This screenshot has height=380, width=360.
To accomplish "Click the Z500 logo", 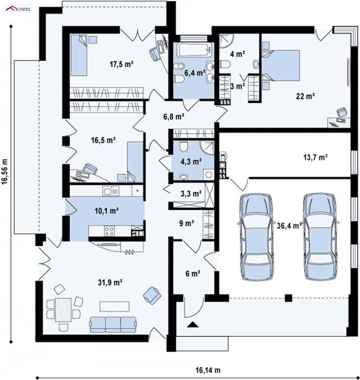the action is tap(18, 9).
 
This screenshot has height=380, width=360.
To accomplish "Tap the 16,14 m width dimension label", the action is tap(208, 370).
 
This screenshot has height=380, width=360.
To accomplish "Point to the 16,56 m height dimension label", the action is tap(5, 172).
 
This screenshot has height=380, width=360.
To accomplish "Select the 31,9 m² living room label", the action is tap(110, 282).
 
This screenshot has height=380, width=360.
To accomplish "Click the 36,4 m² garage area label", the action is tap(289, 226).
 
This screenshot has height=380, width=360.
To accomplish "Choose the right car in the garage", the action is tap(320, 236).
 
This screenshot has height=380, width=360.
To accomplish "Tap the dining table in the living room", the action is tap(63, 310).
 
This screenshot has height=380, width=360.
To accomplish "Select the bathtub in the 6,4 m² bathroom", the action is tap(194, 50).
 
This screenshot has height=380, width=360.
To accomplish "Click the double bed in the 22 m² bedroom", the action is tap(281, 65).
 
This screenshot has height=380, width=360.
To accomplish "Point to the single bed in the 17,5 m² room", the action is tap(78, 55).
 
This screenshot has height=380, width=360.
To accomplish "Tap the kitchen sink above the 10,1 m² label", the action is tap(111, 191).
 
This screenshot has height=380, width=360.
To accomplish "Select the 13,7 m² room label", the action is tap(315, 158).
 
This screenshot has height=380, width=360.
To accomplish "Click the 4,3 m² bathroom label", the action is tap(191, 161).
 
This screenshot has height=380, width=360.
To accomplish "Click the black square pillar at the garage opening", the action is tap(288, 298).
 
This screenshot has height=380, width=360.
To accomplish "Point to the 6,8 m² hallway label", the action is tap(174, 117).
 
